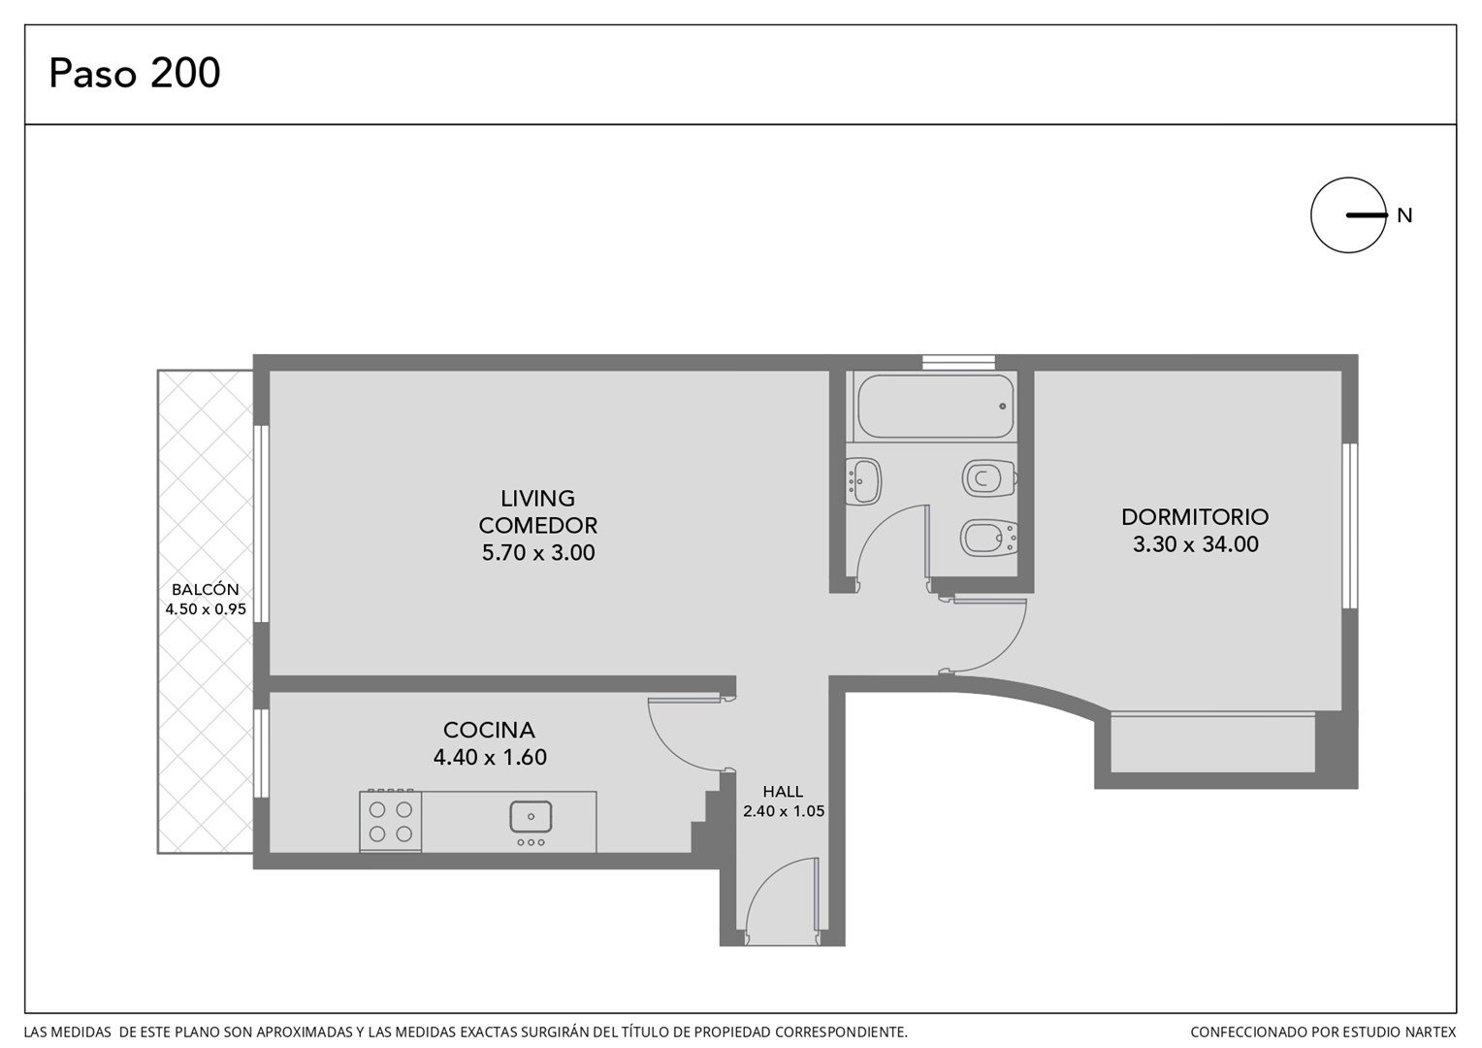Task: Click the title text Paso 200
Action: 134,73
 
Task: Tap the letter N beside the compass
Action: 1404,215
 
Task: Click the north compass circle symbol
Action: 1348,215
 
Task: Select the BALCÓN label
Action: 205,589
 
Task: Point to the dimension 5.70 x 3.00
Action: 538,552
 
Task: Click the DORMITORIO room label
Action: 1195,516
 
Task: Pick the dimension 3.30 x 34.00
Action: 1196,544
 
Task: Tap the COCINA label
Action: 489,730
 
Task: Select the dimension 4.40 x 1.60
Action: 490,757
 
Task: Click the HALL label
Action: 784,791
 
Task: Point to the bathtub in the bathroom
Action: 936,406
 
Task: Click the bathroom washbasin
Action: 864,481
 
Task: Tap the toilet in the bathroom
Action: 989,478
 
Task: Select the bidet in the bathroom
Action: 988,539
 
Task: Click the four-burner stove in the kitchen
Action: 390,821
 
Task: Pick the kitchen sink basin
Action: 531,816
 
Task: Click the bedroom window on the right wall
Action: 1350,526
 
